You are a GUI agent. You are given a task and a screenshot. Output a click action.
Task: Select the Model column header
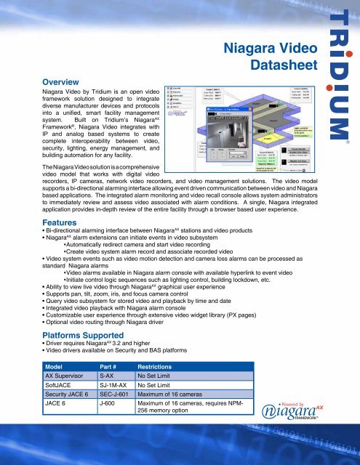[x=57, y=367]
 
